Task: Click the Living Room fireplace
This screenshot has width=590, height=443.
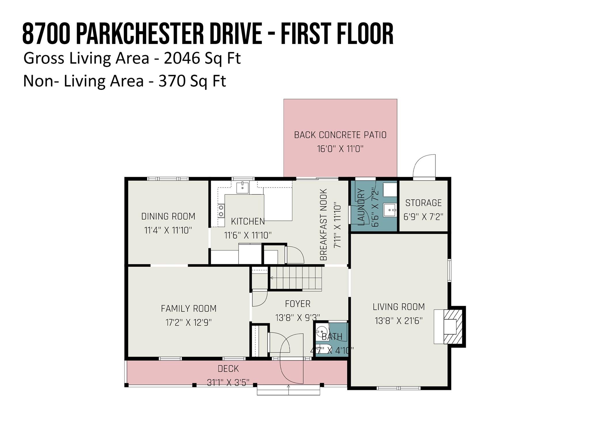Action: (x=449, y=326)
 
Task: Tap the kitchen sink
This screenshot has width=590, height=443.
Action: (x=243, y=188)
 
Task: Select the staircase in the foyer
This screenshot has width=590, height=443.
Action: (x=296, y=278)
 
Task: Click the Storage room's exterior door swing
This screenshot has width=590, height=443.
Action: (x=424, y=166)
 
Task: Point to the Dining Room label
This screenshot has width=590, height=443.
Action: (x=168, y=216)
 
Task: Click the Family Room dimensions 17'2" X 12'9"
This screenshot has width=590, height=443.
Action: (x=188, y=322)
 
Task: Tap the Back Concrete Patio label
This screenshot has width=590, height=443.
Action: (x=340, y=135)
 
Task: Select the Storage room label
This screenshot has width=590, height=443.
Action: (x=423, y=203)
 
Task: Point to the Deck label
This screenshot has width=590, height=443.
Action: (x=228, y=369)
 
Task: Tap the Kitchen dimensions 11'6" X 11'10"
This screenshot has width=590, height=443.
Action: (x=248, y=235)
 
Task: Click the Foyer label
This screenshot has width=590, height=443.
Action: (x=298, y=304)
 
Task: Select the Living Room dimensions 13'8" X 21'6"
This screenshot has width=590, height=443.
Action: (x=399, y=321)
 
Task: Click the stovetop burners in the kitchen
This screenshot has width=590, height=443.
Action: (x=221, y=210)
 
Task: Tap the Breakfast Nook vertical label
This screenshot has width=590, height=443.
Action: (x=324, y=225)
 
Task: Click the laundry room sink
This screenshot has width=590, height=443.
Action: (x=390, y=210)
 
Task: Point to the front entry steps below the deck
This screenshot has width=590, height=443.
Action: (x=288, y=390)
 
